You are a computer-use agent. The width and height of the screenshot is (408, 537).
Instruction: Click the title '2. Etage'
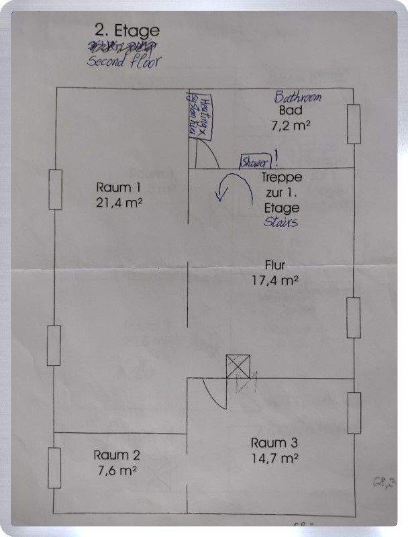(127, 30)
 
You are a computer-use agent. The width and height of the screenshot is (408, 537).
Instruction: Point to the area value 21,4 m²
(119, 202)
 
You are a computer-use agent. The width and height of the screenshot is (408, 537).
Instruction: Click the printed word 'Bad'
(291, 111)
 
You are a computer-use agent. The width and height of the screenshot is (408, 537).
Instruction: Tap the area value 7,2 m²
(290, 126)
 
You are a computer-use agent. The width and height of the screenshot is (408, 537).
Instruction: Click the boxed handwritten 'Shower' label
(256, 162)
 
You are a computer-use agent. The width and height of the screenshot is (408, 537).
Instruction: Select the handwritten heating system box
(200, 115)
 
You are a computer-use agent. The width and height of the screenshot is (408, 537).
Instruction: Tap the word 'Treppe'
(280, 179)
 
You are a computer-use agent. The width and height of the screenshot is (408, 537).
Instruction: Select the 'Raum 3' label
(274, 442)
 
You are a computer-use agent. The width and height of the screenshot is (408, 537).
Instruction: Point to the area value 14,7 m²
(274, 458)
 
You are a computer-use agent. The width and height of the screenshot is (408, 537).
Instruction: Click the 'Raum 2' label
(117, 454)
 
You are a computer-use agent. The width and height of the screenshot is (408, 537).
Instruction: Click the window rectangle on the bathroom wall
(354, 124)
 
